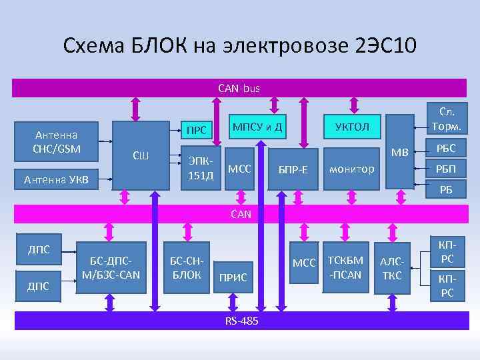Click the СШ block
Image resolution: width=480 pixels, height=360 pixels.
141,155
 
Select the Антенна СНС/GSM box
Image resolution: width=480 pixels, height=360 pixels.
56,141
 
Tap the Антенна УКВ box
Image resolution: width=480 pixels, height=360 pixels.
56,178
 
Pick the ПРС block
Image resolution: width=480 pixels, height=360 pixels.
196,130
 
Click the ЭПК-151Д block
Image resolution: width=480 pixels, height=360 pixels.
201,168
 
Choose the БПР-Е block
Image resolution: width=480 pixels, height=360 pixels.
293,169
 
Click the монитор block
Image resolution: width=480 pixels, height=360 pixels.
351,169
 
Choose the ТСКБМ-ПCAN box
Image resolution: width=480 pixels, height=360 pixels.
345,267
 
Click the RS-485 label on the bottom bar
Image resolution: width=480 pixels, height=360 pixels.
241,321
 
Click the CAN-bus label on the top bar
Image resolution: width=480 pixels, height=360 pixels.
239,87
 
